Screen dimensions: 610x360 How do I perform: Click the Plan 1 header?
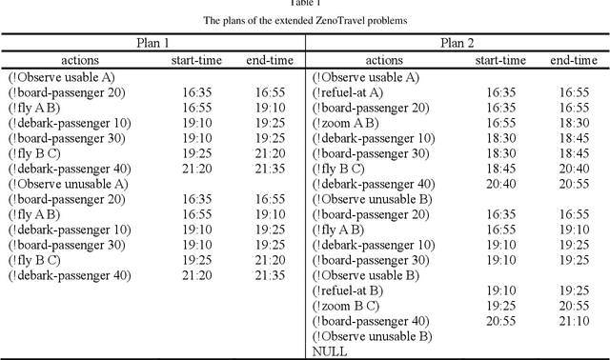click(152, 43)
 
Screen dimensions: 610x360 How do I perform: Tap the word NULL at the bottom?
click(329, 351)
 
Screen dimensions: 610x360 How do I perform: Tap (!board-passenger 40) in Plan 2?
click(374, 321)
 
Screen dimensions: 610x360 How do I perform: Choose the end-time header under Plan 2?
click(574, 60)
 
